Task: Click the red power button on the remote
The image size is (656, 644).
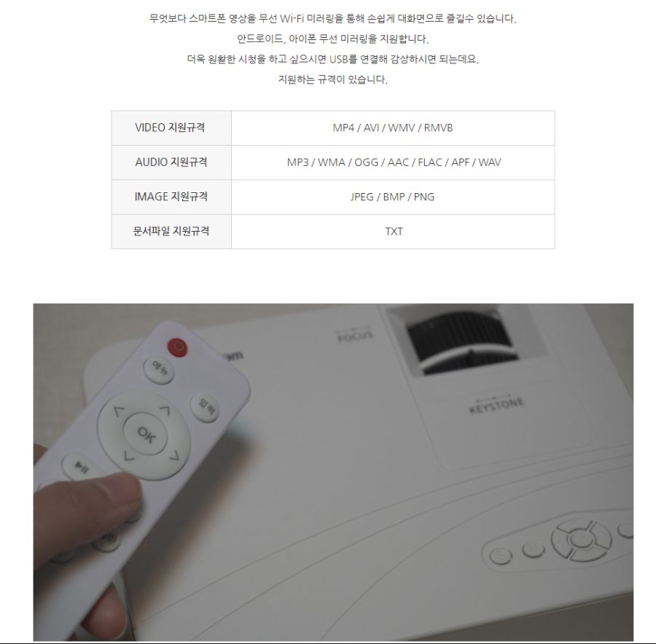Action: [x=177, y=347]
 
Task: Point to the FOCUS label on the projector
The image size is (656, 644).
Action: [x=355, y=335]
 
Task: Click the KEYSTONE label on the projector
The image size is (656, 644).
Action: [x=496, y=405]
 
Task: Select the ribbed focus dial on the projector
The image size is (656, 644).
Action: [x=453, y=343]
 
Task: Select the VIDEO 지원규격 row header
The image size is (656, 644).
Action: [x=171, y=127]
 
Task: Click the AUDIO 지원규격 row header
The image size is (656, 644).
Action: [x=171, y=162]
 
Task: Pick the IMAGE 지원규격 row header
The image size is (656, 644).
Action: [x=171, y=197]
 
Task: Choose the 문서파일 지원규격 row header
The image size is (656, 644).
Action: [x=171, y=231]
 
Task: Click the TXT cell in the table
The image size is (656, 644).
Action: [x=394, y=232]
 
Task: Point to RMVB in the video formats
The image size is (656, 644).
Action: [x=438, y=127]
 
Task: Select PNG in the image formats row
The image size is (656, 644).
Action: [x=423, y=197]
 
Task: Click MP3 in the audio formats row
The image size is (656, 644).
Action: [x=297, y=162]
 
